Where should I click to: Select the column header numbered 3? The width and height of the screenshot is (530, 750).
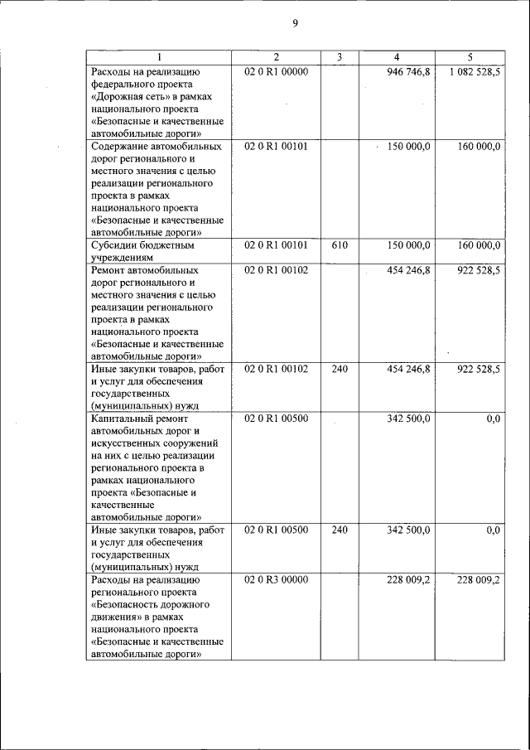[340, 57]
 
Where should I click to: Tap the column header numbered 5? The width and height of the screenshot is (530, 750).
[470, 57]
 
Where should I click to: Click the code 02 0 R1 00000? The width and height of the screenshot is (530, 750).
[276, 72]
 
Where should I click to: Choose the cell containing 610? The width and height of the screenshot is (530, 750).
[340, 245]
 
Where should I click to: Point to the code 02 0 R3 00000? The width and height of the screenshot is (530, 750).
[276, 580]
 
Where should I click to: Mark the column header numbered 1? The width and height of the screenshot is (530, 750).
[159, 57]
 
